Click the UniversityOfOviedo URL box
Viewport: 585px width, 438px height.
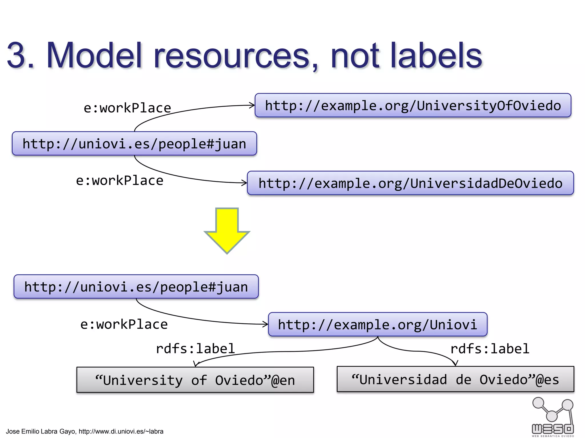(413, 105)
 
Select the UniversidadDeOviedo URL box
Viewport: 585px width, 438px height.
(410, 183)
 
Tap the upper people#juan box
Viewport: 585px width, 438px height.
(134, 143)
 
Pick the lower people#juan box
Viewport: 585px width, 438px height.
(136, 287)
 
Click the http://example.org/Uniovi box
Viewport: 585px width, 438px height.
(378, 325)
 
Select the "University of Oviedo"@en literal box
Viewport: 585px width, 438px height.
(195, 380)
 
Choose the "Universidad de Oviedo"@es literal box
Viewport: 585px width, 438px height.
(455, 379)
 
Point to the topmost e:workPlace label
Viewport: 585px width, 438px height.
(127, 108)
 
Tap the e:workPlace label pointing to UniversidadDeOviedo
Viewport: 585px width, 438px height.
(119, 181)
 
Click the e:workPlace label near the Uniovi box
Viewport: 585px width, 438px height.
(124, 324)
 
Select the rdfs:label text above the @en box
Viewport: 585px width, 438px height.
(195, 348)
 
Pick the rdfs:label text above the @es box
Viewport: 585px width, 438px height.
(490, 348)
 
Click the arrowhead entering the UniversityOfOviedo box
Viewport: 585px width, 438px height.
(252, 105)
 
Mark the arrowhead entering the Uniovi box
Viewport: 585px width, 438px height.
(266, 324)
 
